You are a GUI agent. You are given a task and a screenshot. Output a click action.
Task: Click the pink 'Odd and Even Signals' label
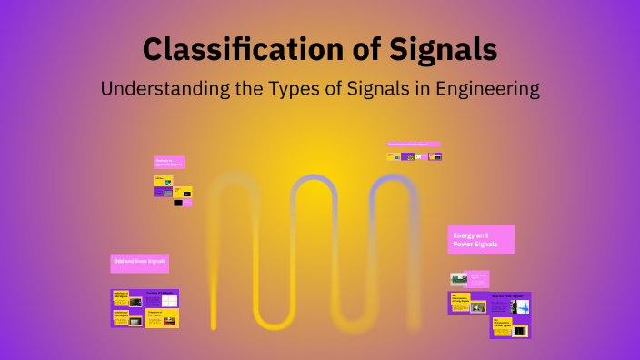[x=139, y=263]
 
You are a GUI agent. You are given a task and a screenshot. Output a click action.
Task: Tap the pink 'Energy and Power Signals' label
[x=481, y=239]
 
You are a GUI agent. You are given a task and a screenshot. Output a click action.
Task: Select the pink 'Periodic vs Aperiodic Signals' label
[x=169, y=162]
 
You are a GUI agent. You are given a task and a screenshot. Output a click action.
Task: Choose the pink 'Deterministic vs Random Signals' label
[x=414, y=144]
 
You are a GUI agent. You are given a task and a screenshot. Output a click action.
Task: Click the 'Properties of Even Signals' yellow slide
[x=162, y=318]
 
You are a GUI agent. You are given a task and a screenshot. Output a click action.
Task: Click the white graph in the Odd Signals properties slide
[x=169, y=301]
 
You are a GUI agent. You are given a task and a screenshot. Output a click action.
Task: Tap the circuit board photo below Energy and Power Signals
[x=459, y=279]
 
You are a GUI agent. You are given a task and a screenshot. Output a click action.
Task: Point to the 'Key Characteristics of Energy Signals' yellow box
[x=460, y=301]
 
